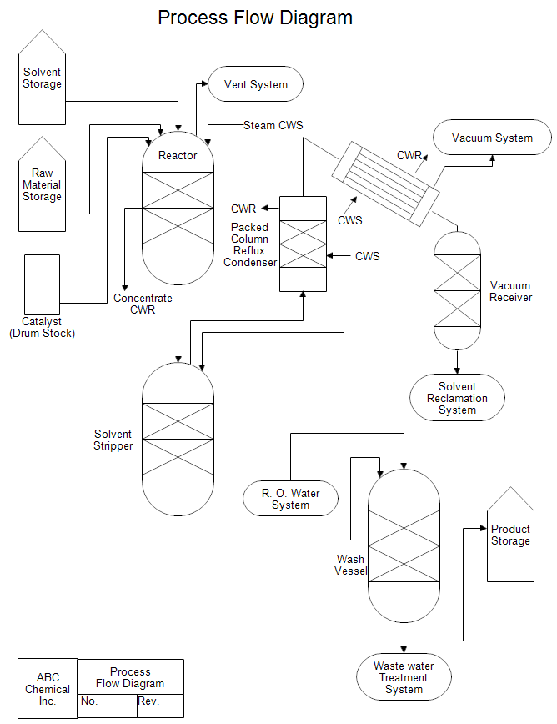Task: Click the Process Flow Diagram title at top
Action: (x=255, y=18)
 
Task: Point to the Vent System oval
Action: (x=255, y=84)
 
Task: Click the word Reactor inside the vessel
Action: (x=178, y=155)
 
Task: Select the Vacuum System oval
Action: (x=492, y=138)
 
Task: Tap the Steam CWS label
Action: (x=273, y=125)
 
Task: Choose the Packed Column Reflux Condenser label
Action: (x=250, y=244)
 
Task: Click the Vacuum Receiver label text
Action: (x=510, y=291)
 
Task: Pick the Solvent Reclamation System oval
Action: (x=457, y=398)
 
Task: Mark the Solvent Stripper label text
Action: (x=113, y=440)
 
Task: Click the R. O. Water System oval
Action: (x=290, y=499)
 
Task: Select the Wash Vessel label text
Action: (x=350, y=565)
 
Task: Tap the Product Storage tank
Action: (x=510, y=538)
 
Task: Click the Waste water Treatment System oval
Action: (x=404, y=677)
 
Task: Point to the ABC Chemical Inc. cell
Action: (x=48, y=689)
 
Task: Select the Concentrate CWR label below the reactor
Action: (x=143, y=304)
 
